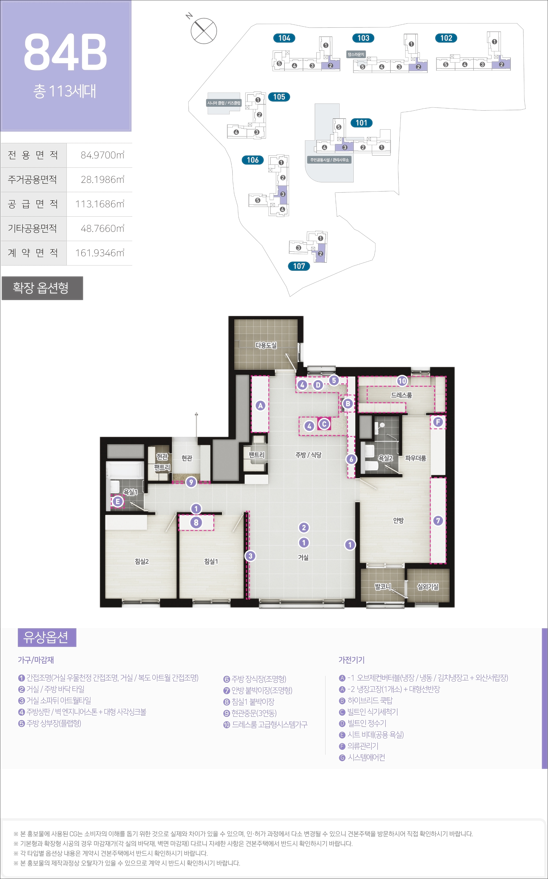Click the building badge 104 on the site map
pos(284,38)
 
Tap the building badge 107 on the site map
pos(299,266)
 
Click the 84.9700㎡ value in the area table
pos(102,155)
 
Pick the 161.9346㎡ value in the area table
pos(100,253)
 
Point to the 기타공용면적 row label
pos(33,229)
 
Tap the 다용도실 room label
pos(266,345)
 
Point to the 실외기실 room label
pos(428,587)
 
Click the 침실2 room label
pos(142,561)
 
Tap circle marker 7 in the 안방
pos(438,521)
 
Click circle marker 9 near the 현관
pos(191,482)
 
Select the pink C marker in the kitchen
pos(324,424)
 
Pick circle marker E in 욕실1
pos(117,502)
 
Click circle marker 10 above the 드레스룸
pos(402,381)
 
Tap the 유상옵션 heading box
pos(47,638)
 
